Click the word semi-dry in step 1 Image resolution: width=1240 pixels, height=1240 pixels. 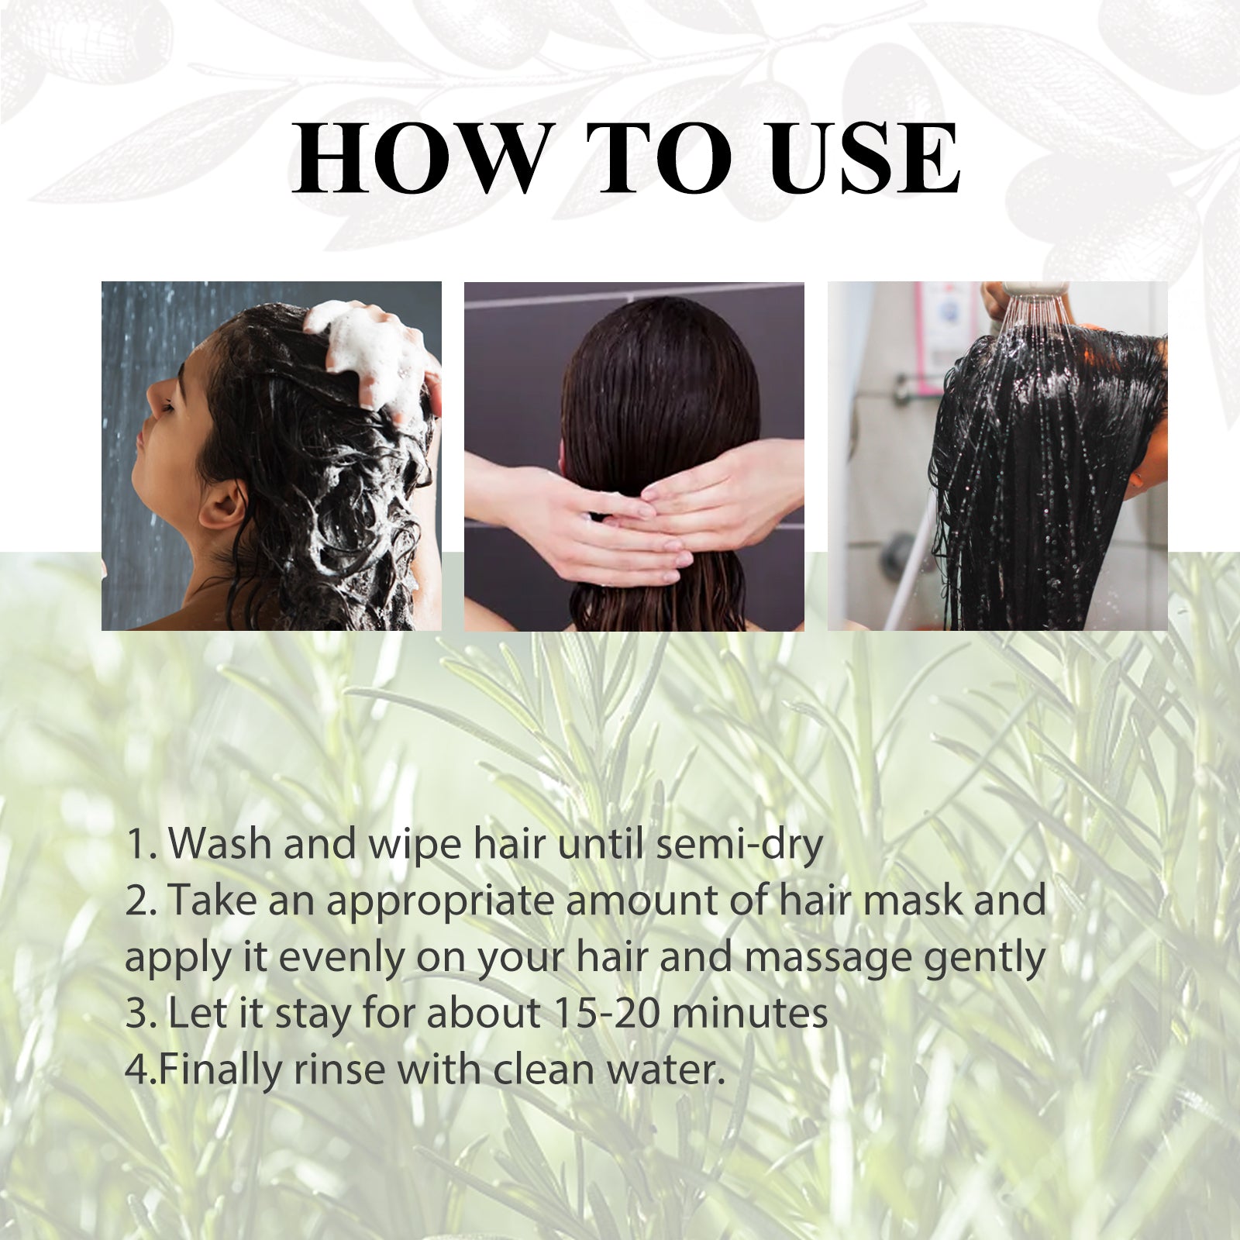pos(739,845)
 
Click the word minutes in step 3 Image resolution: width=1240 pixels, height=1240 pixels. pos(749,1013)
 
